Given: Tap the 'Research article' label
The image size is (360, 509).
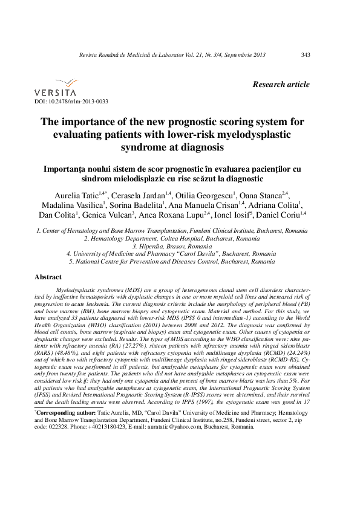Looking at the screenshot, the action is click(281, 85).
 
